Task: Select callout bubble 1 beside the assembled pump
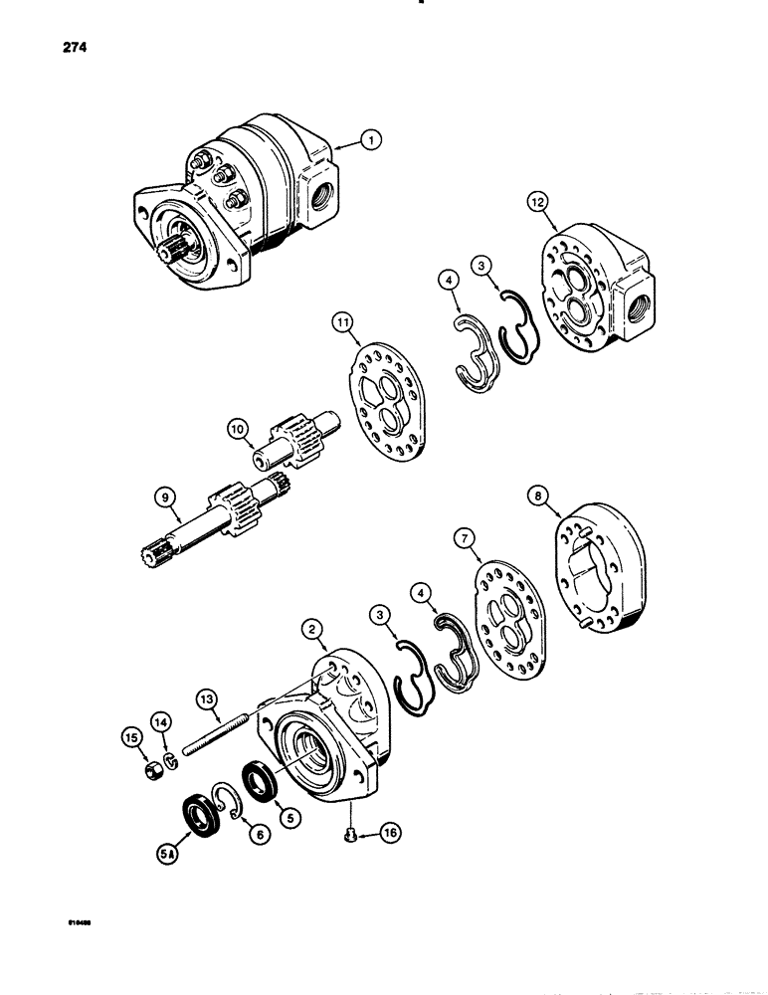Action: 369,142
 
